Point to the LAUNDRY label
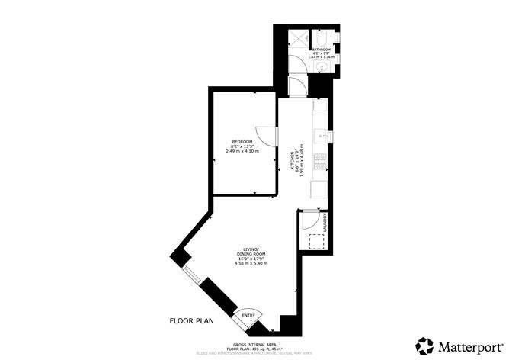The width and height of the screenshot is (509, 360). [325, 223]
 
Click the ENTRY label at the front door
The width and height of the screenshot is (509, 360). [248, 315]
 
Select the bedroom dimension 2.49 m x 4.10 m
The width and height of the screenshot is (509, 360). [243, 151]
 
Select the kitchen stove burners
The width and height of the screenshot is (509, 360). [322, 162]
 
